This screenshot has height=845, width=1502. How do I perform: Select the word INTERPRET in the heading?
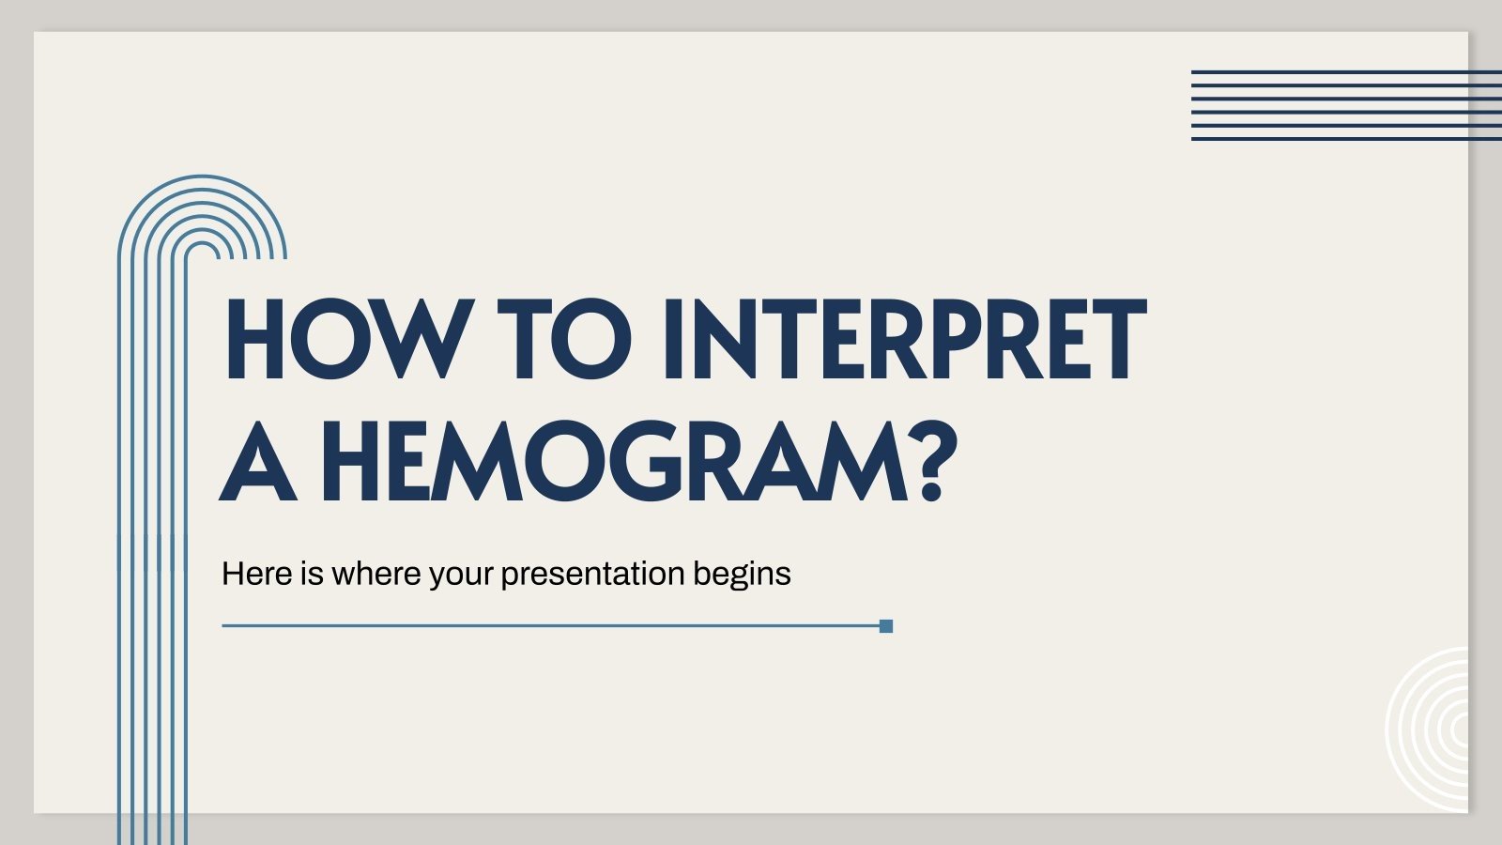905,339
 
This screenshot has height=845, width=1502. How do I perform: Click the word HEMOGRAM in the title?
615,461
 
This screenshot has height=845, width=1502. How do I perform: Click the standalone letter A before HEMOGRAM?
258,462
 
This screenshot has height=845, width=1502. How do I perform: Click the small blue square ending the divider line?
886,626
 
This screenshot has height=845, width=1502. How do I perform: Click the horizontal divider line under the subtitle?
550,626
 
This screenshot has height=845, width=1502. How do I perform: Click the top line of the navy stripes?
1346,72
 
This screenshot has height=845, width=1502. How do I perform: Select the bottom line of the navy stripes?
1346,139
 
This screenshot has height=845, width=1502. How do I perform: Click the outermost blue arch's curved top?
202,177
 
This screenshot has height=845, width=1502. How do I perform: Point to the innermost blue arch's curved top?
202,243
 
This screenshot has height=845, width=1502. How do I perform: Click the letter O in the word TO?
590,339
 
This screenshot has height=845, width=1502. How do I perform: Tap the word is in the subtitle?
312,574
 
